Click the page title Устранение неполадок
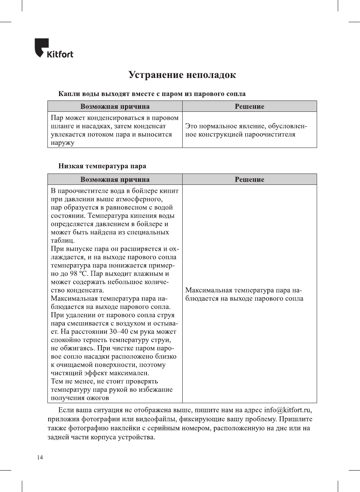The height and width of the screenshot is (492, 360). click(182, 75)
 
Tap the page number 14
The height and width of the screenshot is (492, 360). click(40, 457)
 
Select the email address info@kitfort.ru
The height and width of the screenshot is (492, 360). click(288, 410)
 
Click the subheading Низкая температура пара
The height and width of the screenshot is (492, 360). click(102, 166)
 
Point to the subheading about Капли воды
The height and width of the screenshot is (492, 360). click(152, 94)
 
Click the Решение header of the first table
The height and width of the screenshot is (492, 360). click(249, 107)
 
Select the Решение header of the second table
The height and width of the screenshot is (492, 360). click(249, 180)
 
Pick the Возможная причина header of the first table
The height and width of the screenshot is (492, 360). click(115, 107)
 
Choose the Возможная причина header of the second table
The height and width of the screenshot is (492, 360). click(115, 180)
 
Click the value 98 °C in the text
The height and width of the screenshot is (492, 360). click(79, 274)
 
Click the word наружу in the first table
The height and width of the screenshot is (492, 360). click(63, 143)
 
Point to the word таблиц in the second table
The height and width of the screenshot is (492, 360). click(63, 241)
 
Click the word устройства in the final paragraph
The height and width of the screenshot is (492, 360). click(136, 437)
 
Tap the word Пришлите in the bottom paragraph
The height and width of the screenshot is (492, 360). click(296, 419)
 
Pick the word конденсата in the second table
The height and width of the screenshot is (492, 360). click(85, 290)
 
